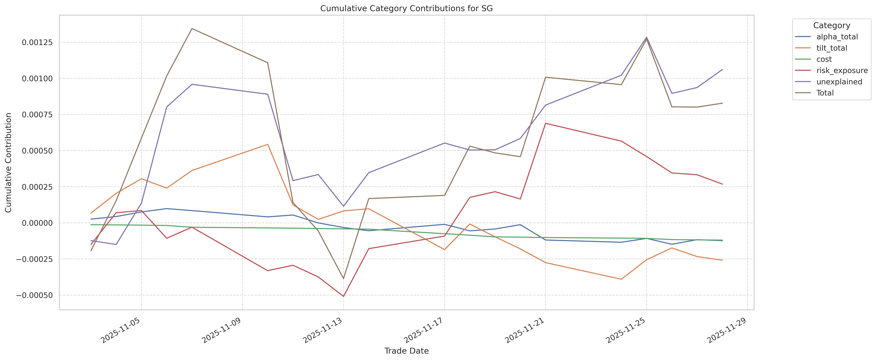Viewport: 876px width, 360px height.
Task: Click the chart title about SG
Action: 406,9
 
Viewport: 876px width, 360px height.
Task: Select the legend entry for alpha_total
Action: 837,37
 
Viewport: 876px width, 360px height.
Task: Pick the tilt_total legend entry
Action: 831,48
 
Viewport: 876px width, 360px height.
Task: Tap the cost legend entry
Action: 824,59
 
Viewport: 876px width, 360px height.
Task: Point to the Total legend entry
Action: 825,93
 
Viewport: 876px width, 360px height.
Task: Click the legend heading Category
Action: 831,26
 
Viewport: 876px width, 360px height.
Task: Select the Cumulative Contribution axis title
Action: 9,162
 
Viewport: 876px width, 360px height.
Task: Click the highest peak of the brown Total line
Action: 192,28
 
